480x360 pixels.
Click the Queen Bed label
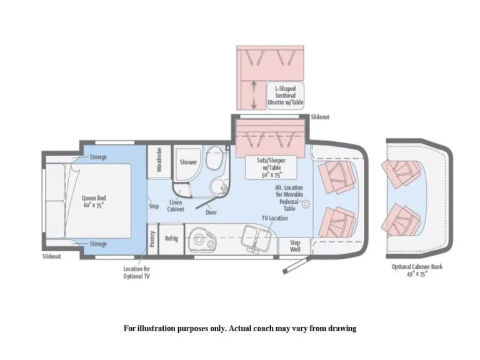[x=93, y=201]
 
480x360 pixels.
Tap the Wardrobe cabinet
[x=159, y=162]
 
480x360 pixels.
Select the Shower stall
[x=187, y=163]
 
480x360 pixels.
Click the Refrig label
[x=171, y=238]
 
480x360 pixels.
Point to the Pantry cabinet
[x=152, y=239]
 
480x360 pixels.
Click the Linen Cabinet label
[x=176, y=206]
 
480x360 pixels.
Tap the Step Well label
[x=295, y=246]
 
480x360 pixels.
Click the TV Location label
[x=274, y=218]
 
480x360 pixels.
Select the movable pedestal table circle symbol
[x=305, y=204]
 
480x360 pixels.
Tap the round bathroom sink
[x=218, y=186]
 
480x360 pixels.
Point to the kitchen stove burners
[x=202, y=239]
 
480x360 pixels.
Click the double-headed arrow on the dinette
[x=254, y=95]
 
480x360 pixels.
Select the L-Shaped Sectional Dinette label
[x=285, y=96]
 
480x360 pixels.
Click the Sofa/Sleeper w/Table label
[x=271, y=167]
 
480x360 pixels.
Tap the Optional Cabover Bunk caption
[x=417, y=270]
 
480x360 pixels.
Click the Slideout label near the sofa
[x=320, y=117]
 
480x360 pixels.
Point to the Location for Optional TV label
[x=136, y=272]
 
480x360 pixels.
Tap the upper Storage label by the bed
[x=98, y=157]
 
